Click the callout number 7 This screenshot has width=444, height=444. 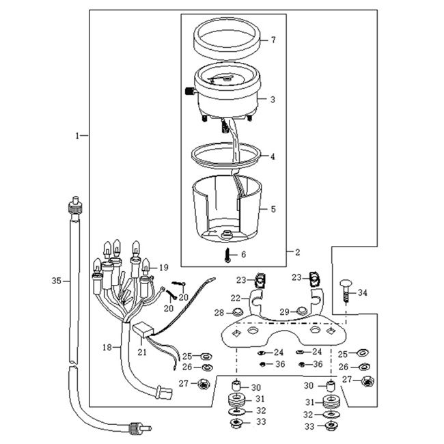point(273,40)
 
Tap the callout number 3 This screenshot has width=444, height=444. point(273,100)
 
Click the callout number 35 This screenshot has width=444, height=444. point(57,280)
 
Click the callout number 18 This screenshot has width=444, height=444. point(107,348)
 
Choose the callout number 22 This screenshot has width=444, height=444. point(235,299)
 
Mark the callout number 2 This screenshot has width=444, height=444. point(297,251)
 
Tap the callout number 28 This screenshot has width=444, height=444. point(220,312)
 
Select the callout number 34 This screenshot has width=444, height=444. point(363,292)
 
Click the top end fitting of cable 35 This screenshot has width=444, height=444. point(74,204)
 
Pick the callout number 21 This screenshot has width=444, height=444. point(143,352)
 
